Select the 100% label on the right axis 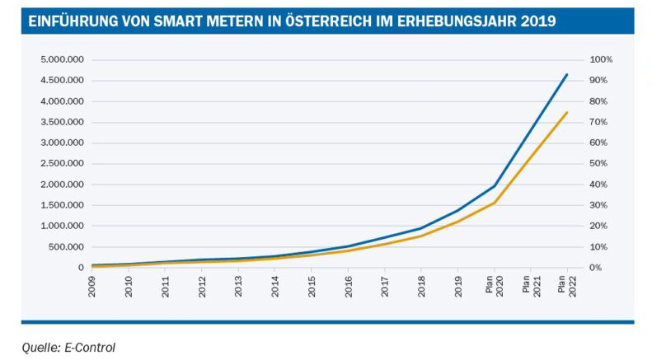click(599, 60)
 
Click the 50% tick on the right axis click(598, 164)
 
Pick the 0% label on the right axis click(595, 268)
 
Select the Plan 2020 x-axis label click(494, 289)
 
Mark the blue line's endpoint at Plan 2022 click(566, 75)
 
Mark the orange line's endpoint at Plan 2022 click(566, 112)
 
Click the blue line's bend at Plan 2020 click(494, 186)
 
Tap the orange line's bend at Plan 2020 click(494, 203)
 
